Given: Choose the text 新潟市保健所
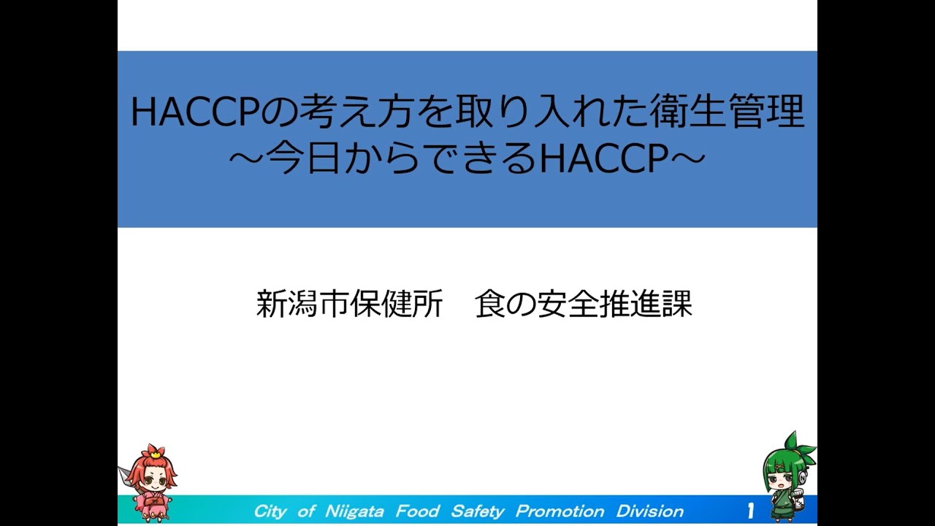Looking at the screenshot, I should tap(349, 305).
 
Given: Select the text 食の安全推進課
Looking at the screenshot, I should tap(583, 305).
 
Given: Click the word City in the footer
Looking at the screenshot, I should tap(270, 511).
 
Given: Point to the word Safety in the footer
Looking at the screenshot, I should tap(478, 511).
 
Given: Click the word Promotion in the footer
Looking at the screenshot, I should tap(560, 511).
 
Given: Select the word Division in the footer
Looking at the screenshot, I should tap(650, 511).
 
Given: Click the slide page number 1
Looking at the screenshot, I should tap(750, 511).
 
